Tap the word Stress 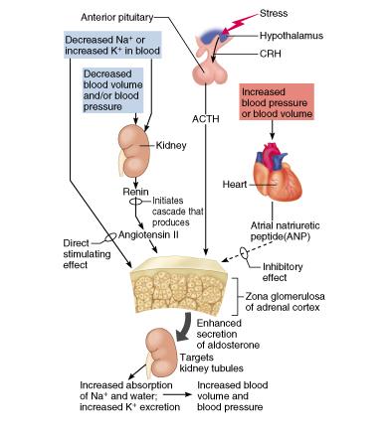302,13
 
